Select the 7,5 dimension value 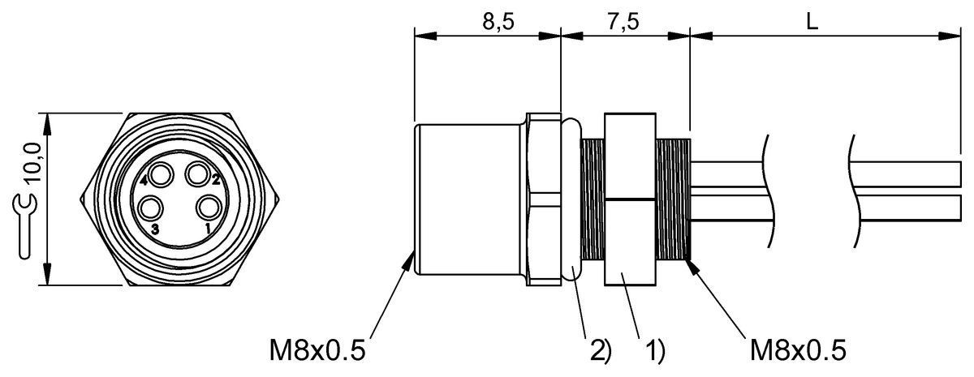click(623, 22)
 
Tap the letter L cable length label click(811, 22)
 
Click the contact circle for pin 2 click(197, 174)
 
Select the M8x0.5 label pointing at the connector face click(317, 350)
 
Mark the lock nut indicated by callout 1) click(630, 199)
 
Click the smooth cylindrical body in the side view click(468, 199)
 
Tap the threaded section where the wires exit click(673, 199)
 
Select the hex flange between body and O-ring click(542, 199)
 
